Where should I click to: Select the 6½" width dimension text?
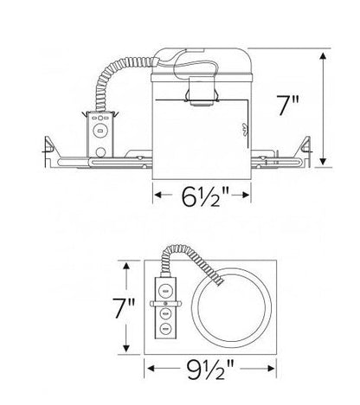point(202,197)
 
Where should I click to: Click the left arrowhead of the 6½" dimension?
point(157,197)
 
